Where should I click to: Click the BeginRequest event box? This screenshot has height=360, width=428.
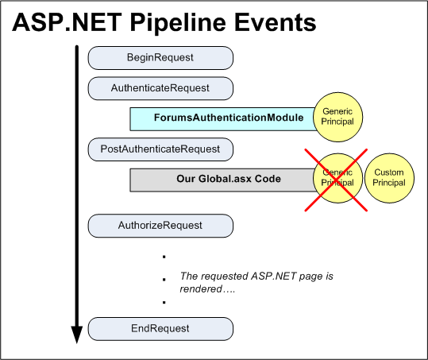(x=160, y=58)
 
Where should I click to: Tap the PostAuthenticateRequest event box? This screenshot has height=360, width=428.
(x=160, y=149)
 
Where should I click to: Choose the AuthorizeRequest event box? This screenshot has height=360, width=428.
(x=160, y=225)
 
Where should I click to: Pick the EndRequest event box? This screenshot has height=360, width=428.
(x=160, y=328)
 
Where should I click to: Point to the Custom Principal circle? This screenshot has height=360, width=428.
(x=389, y=178)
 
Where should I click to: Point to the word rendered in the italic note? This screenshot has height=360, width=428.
(x=202, y=290)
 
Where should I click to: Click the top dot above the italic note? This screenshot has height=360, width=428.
(x=164, y=257)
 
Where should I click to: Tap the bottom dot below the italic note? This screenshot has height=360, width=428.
(x=164, y=302)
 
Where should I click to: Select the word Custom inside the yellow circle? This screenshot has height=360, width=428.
(x=389, y=172)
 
